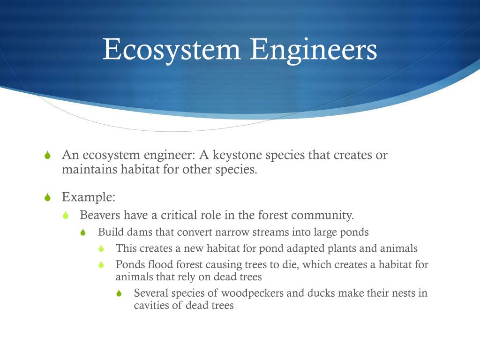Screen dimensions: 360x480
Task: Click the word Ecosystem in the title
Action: tap(172, 49)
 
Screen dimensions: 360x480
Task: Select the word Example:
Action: tap(89, 197)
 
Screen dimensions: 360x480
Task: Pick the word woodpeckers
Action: tap(251, 293)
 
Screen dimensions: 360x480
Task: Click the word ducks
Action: tap(321, 293)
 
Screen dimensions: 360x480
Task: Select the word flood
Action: tap(158, 264)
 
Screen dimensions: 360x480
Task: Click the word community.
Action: tap(322, 215)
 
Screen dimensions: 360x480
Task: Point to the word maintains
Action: tap(89, 169)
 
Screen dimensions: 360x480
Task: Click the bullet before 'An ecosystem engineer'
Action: tap(47, 156)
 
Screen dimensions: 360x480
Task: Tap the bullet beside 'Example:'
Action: tap(47, 197)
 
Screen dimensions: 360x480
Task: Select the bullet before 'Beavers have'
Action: tap(66, 216)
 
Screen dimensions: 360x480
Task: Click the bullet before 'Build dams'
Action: tap(83, 232)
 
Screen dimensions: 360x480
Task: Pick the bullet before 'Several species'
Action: tap(120, 294)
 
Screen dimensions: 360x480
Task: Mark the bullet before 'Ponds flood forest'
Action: tap(101, 265)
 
